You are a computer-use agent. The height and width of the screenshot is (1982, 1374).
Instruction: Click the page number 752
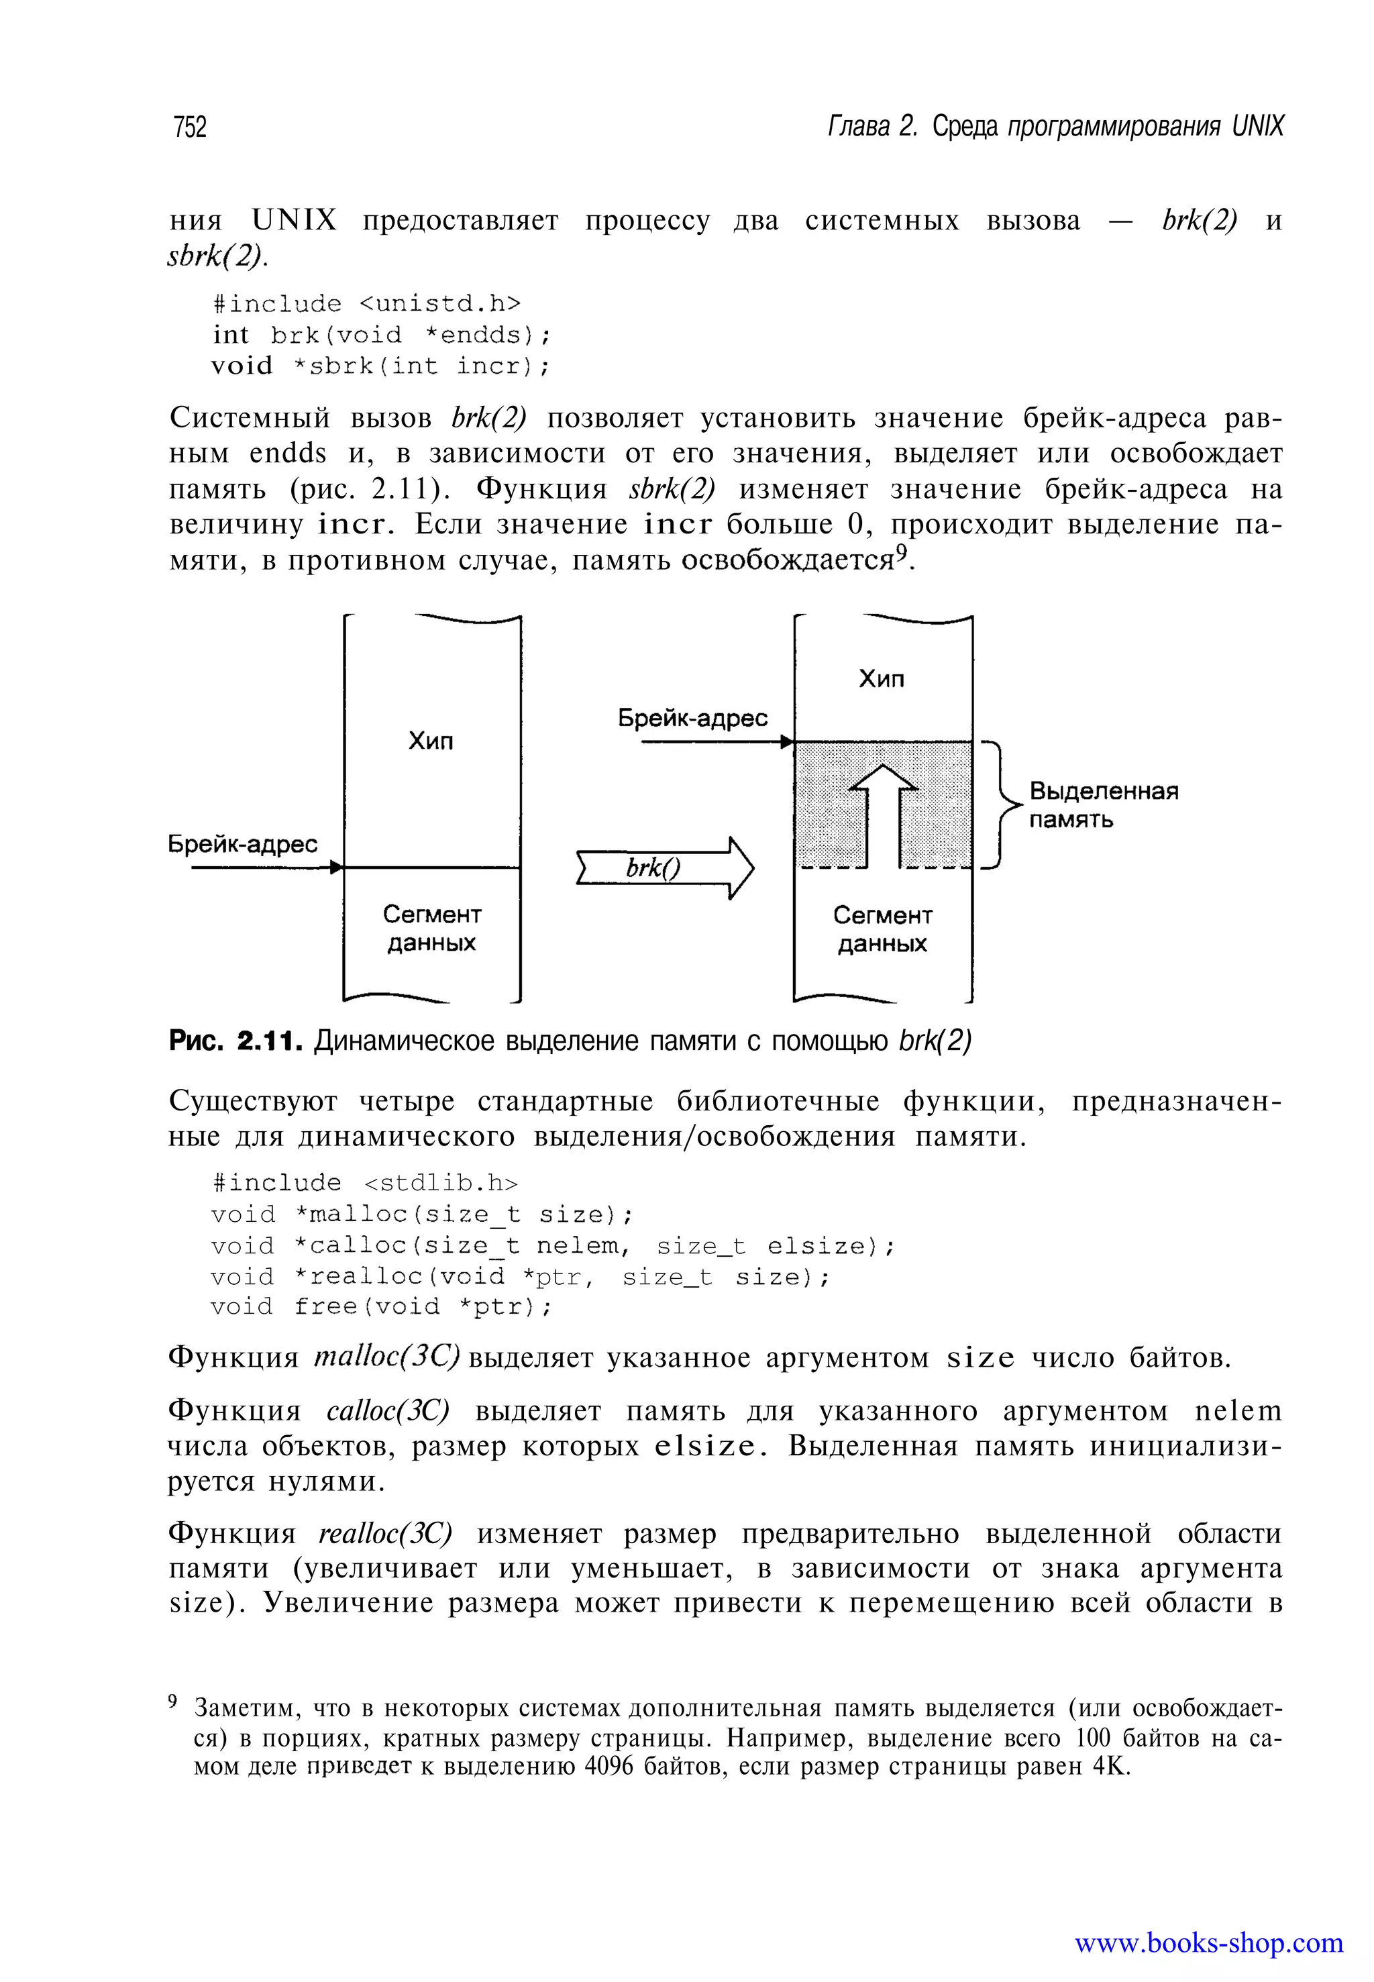coord(189,127)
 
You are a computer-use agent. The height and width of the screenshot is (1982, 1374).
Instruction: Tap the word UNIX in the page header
coord(1256,127)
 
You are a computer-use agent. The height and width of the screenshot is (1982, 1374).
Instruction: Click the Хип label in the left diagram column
coord(431,741)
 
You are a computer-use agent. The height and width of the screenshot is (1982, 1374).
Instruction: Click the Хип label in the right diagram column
coord(882,679)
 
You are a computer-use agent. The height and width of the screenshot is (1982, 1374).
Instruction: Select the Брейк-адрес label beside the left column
coord(242,845)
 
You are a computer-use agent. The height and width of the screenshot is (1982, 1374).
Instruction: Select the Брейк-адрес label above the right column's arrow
coord(692,719)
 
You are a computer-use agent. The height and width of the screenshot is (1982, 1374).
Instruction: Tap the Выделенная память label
coord(1103,805)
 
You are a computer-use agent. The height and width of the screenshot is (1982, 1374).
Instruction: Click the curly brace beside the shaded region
coord(1000,805)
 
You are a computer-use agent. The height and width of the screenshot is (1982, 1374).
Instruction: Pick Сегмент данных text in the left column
coord(431,928)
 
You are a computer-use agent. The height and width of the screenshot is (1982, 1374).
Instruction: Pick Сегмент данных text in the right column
coord(882,929)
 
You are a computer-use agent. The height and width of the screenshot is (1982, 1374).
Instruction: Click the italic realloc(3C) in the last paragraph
coord(385,1533)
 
